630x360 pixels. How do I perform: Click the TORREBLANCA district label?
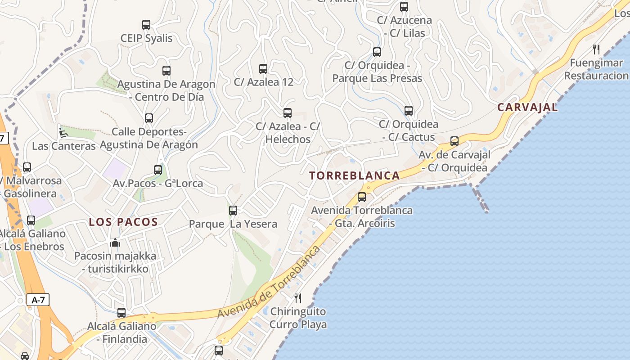pyautogui.click(x=355, y=175)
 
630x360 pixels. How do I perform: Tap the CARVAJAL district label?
pyautogui.click(x=527, y=107)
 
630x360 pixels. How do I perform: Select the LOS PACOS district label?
pyautogui.click(x=123, y=222)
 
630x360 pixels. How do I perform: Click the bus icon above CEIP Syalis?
pyautogui.click(x=146, y=25)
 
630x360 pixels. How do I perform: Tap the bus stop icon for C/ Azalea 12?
pyautogui.click(x=263, y=69)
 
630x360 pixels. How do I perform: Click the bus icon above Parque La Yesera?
pyautogui.click(x=233, y=210)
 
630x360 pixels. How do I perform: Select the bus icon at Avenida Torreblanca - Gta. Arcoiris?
pyautogui.click(x=362, y=197)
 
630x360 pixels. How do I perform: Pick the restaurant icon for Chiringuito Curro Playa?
pyautogui.click(x=298, y=298)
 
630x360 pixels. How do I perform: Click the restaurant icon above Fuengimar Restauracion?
pyautogui.click(x=596, y=49)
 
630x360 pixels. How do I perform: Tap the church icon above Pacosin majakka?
pyautogui.click(x=115, y=243)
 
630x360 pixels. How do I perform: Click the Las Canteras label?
pyautogui.click(x=64, y=146)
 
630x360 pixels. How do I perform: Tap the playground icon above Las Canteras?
pyautogui.click(x=63, y=133)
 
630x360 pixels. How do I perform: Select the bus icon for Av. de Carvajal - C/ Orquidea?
pyautogui.click(x=454, y=141)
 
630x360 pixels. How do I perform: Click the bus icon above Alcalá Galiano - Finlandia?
pyautogui.click(x=121, y=312)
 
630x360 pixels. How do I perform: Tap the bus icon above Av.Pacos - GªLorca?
pyautogui.click(x=158, y=170)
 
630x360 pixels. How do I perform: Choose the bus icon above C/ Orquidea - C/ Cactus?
pyautogui.click(x=409, y=110)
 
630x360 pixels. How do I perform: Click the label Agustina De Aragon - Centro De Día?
pyautogui.click(x=166, y=90)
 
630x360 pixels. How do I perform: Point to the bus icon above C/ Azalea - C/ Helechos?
pyautogui.click(x=288, y=112)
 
